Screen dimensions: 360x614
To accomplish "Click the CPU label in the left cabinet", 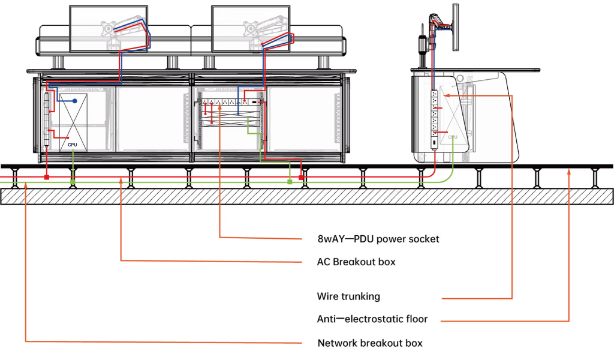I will click(73, 145).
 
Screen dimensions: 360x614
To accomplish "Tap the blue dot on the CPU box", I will click(76, 101).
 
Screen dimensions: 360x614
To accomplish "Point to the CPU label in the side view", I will click(453, 137).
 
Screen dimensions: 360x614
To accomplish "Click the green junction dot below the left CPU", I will click(73, 181).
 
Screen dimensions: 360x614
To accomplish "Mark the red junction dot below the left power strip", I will click(46, 178).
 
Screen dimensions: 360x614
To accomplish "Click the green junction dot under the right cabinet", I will click(289, 181).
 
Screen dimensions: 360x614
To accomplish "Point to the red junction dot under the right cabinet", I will click(302, 178).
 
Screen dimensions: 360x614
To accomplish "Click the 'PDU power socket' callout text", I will click(379, 239).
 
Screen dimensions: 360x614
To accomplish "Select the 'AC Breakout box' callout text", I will click(356, 262).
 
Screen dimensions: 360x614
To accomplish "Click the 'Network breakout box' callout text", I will click(369, 343).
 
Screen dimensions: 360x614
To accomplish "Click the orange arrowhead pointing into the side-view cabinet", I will click(447, 95).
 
